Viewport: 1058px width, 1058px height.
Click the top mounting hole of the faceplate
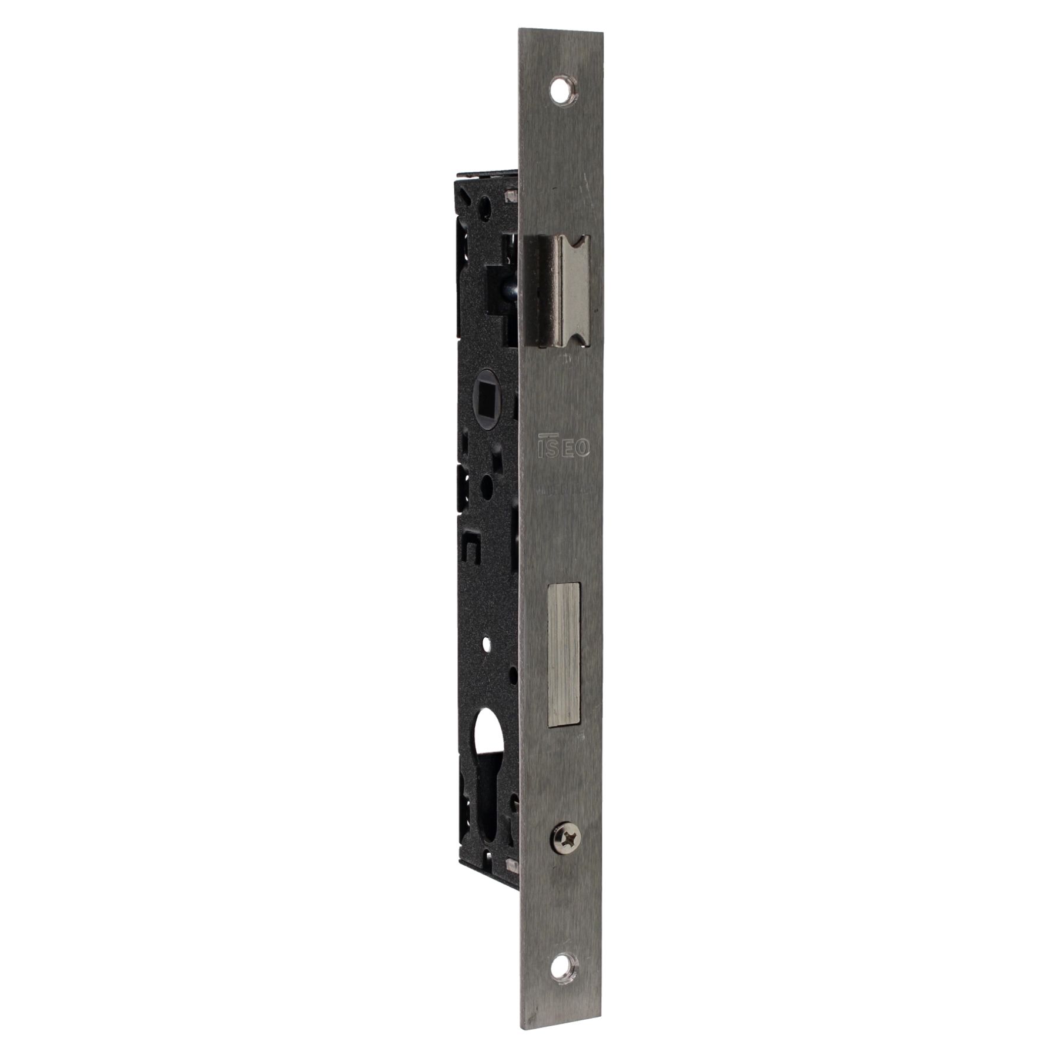563,89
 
